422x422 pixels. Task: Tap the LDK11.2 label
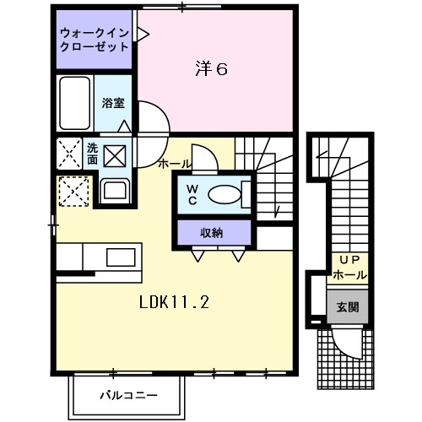point(174,300)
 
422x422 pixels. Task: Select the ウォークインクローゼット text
point(95,41)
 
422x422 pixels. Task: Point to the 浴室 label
point(114,103)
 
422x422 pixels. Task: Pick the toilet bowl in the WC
point(224,195)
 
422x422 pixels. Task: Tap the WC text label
point(192,195)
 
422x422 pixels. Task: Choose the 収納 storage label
point(213,231)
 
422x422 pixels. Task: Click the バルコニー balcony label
point(127,394)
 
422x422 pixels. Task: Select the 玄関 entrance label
point(348,306)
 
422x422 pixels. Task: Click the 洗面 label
point(92,153)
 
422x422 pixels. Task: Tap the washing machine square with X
point(115,155)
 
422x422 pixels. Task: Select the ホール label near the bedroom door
point(173,163)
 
